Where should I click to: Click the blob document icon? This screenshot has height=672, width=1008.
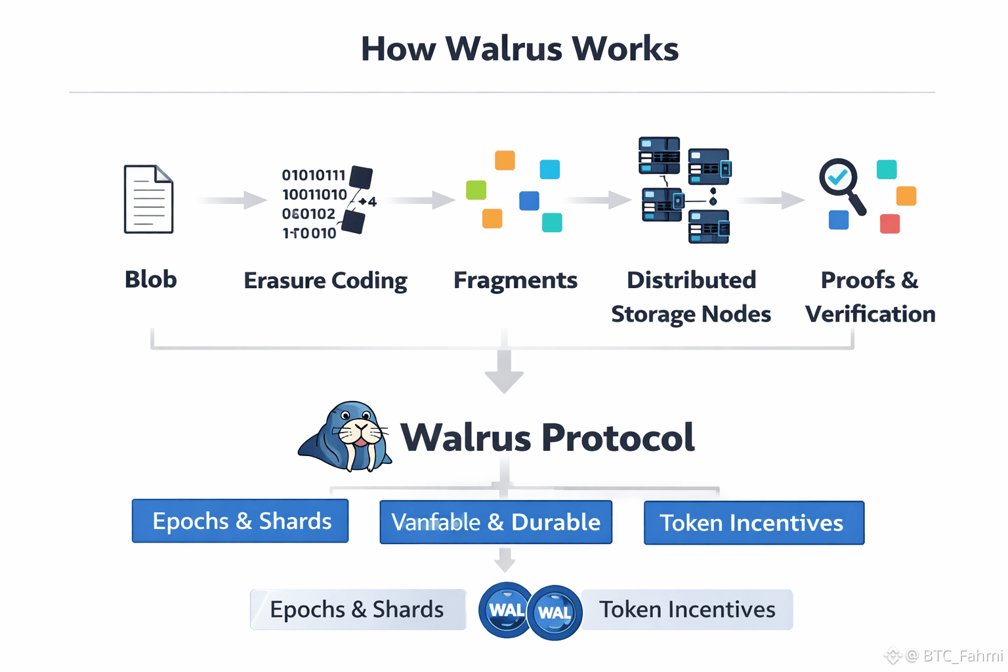point(149,199)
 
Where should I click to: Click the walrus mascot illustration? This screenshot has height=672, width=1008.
point(346,437)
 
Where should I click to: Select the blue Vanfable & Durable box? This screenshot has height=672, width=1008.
point(495,522)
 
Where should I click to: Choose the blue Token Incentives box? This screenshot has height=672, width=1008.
point(753,523)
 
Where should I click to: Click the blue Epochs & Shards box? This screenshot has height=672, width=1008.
point(240,521)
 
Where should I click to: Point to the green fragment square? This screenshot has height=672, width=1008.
point(476,190)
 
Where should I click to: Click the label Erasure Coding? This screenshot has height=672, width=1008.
point(325,281)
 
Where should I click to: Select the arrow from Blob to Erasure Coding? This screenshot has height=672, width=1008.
point(234,199)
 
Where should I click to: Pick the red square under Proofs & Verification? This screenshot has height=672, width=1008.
point(889,224)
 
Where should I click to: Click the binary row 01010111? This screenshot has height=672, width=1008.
point(314,175)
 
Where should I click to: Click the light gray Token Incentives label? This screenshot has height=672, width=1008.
point(687,610)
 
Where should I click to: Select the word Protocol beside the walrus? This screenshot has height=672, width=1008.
point(618,438)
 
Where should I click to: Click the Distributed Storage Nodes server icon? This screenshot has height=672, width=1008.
point(684,190)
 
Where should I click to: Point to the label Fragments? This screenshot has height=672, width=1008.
point(515,281)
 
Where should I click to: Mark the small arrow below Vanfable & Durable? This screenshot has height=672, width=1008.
point(504,560)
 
